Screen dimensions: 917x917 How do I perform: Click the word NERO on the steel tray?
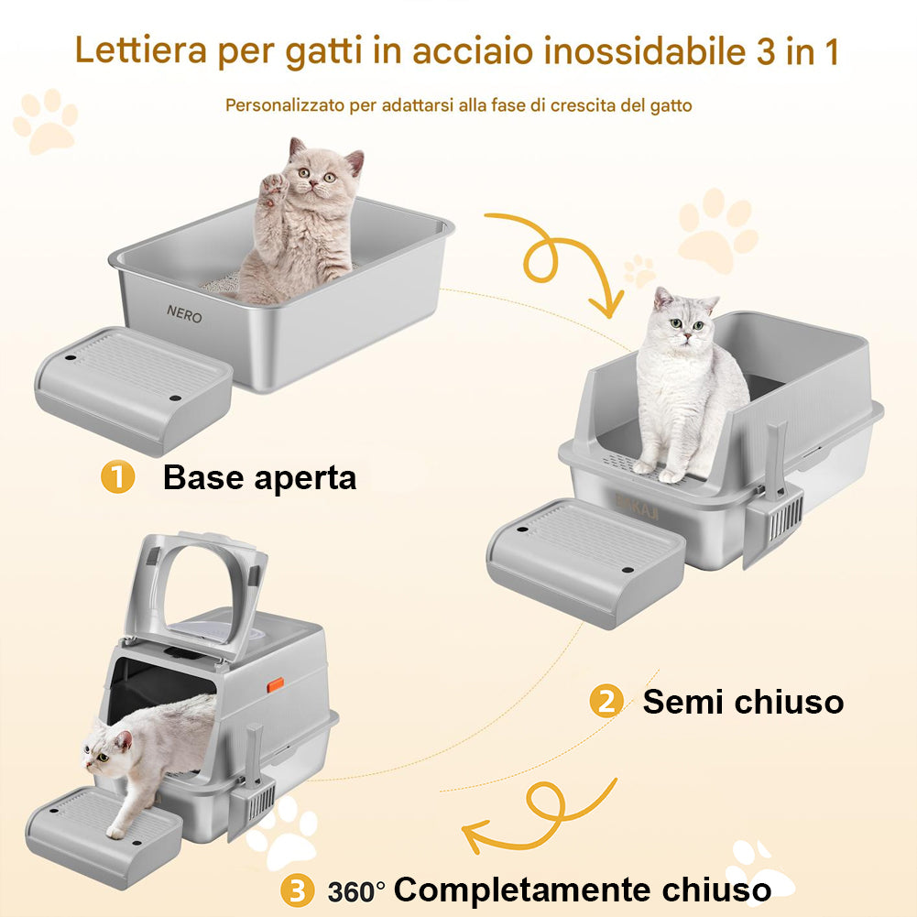pos(184,313)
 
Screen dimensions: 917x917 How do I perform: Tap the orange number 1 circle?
pos(117,478)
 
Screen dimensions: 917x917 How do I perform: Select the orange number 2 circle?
pos(605,703)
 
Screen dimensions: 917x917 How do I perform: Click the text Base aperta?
pos(259,478)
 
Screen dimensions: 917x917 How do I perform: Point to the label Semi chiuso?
pos(742,703)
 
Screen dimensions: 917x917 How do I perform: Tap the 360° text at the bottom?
pos(356,890)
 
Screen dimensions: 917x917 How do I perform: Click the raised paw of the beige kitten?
pos(273,190)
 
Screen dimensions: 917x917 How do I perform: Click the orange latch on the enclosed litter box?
pos(274,685)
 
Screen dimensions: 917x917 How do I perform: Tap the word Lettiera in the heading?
pos(141,51)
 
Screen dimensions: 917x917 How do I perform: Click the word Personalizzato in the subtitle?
pos(284,105)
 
